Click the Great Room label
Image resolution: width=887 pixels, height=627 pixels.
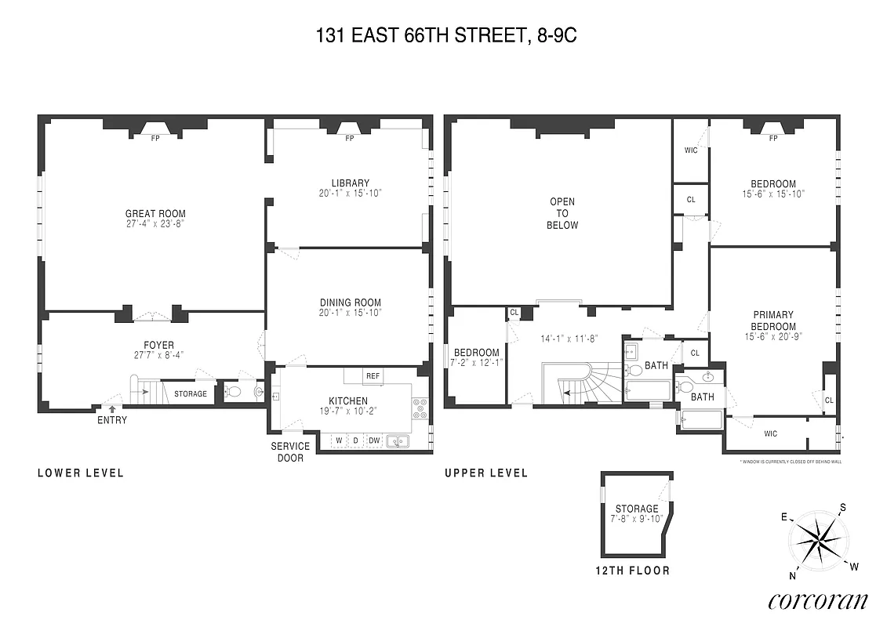155,213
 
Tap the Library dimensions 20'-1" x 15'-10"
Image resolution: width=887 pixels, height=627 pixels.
350,194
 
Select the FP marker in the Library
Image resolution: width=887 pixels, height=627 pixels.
350,139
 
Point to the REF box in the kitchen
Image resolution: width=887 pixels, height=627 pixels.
373,376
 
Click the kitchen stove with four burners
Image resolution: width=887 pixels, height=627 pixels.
420,406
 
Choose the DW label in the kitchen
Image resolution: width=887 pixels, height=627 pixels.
374,440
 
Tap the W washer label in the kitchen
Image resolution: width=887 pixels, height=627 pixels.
339,440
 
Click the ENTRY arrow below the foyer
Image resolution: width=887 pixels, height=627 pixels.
112,408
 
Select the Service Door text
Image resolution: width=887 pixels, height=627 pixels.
290,451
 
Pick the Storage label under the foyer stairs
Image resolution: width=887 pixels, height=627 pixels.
191,393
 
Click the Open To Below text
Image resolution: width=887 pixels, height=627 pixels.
562,213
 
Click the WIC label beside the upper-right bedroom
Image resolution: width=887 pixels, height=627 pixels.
691,150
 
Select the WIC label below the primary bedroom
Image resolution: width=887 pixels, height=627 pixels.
770,433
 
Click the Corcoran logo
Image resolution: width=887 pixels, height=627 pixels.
818,600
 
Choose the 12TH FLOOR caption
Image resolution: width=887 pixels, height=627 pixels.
632,571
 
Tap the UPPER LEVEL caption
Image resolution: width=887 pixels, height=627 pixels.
486,473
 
